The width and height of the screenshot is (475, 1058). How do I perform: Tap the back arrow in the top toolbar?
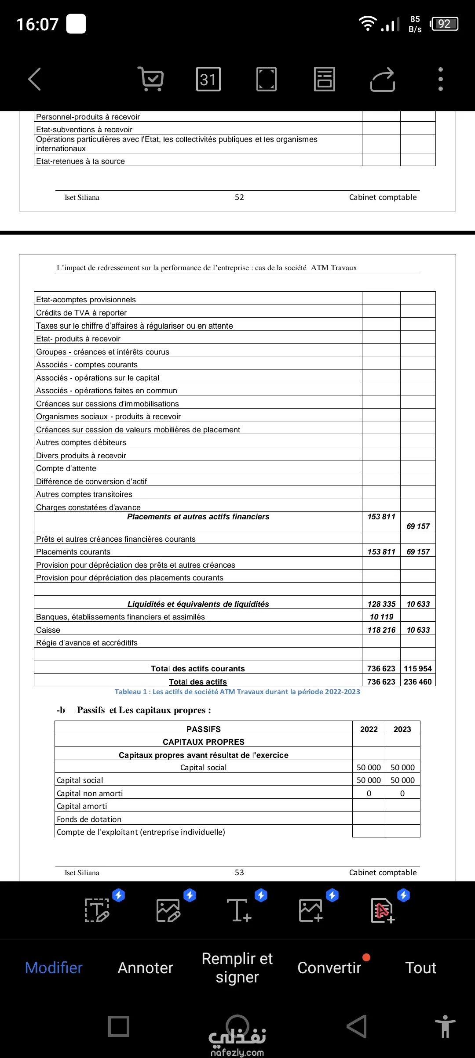[x=35, y=79]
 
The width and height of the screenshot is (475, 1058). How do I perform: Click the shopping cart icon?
[x=151, y=79]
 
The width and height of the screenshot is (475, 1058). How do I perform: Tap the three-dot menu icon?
[x=440, y=79]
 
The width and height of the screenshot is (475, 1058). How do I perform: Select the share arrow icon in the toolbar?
[x=383, y=79]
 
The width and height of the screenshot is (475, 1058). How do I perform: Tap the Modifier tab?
[x=54, y=967]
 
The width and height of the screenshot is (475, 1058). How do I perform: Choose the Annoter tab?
[x=145, y=967]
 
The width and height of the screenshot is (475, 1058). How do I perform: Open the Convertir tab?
[x=329, y=967]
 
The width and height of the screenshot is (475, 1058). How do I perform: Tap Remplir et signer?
[x=237, y=967]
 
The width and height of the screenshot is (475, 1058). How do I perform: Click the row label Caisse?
[x=48, y=630]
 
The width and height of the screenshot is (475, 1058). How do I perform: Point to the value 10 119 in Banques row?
[x=381, y=617]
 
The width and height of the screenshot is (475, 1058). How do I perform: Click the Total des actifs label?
[x=198, y=682]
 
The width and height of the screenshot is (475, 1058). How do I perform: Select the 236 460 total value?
[x=417, y=682]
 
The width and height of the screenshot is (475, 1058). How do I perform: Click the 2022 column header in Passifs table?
[x=369, y=729]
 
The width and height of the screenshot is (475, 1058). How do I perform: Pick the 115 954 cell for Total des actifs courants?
[x=417, y=669]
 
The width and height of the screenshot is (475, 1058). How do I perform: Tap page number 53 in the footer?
[x=239, y=873]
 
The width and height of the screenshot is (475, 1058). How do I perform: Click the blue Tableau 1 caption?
[x=237, y=692]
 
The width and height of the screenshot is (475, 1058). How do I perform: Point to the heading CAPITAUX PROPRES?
[x=203, y=742]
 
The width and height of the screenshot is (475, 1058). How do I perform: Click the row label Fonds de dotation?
[x=89, y=819]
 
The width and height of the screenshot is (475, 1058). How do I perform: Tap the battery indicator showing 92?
[x=445, y=24]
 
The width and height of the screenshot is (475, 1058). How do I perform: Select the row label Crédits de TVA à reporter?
[x=81, y=313]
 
